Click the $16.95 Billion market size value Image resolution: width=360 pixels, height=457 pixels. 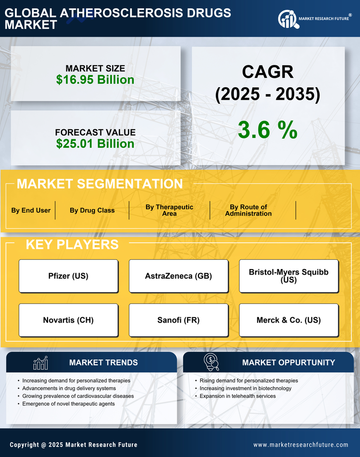click(95, 80)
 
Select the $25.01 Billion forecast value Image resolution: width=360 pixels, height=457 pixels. click(95, 144)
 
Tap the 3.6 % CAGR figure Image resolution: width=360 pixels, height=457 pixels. click(267, 130)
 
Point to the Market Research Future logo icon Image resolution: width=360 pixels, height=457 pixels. click(287, 19)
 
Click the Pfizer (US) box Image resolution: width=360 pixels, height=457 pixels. click(68, 276)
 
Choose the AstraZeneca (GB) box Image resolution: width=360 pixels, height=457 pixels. click(178, 276)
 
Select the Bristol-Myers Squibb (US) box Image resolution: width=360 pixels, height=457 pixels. click(289, 276)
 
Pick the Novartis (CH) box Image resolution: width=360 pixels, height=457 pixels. click(68, 320)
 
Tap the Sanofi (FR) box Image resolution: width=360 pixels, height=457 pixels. click(178, 320)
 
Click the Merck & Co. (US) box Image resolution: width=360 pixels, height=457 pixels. click(289, 320)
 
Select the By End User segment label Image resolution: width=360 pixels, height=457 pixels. click(31, 210)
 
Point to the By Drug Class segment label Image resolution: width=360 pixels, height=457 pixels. click(92, 210)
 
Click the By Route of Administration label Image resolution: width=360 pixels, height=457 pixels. click(248, 210)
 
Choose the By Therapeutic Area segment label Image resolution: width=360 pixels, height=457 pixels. click(169, 210)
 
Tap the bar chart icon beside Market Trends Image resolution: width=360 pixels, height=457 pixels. click(40, 363)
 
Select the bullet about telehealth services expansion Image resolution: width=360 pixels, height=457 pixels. click(238, 396)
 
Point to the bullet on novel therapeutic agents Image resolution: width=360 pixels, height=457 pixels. click(68, 404)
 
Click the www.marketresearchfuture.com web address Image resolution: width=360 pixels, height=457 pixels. click(301, 445)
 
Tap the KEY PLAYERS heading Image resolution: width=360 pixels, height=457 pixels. click(72, 244)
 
